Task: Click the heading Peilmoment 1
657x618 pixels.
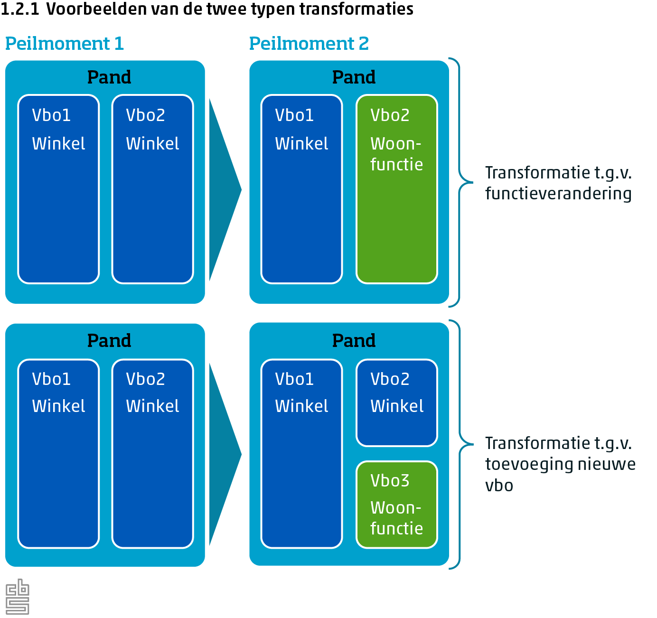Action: coord(64,44)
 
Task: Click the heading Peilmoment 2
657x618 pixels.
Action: coord(309,44)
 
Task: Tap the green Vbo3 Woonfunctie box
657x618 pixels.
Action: coord(396,505)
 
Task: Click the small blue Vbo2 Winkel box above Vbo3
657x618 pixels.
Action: coord(396,403)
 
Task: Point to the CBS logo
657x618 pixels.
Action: coord(17,597)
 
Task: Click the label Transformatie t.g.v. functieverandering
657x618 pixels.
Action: coord(558,183)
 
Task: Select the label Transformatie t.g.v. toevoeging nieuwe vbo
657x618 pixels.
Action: coord(560,464)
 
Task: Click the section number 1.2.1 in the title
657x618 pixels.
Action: coord(20,9)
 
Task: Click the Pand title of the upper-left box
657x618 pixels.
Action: coord(109,77)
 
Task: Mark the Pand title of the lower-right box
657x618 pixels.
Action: coord(354,341)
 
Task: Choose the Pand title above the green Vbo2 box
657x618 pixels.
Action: coord(354,77)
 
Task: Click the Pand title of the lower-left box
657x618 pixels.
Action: coord(109,341)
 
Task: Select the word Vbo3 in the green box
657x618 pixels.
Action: coord(390,481)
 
